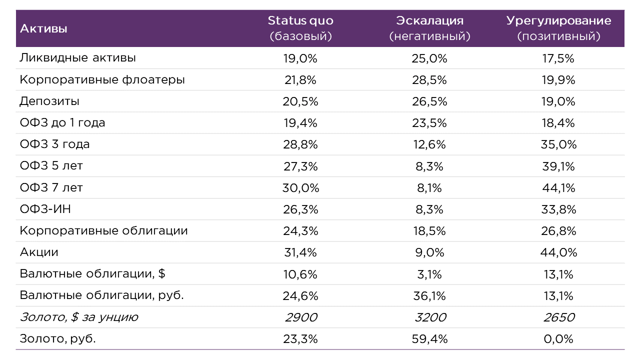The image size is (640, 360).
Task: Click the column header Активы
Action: pos(43,28)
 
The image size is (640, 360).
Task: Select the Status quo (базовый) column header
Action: pos(300,28)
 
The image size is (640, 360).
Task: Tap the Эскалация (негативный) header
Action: pos(430,28)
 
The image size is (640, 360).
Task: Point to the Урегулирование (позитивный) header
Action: pos(558,28)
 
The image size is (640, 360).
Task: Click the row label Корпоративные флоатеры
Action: pos(102,80)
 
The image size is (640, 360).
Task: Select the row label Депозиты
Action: pos(49,101)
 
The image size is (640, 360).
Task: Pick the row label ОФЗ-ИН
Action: pos(45,209)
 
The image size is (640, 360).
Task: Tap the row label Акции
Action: pos(39,252)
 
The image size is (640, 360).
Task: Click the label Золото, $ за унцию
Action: pos(79,317)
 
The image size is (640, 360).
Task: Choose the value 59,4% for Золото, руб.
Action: pos(430,339)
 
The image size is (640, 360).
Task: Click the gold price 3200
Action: pos(430,317)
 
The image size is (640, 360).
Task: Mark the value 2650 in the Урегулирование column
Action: pos(558,317)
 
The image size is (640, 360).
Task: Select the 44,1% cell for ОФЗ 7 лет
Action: pos(558,188)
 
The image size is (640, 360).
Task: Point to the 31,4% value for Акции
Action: pos(300,252)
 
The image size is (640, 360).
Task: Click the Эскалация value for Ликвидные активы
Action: pos(430,58)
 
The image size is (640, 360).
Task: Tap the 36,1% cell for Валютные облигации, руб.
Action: pos(430,296)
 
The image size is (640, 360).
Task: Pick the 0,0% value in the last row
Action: pos(558,339)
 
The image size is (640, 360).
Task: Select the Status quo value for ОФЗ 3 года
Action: pos(300,145)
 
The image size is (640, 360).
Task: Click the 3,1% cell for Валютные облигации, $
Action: pos(430,274)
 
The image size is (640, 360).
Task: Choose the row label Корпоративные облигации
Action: pos(103,231)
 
